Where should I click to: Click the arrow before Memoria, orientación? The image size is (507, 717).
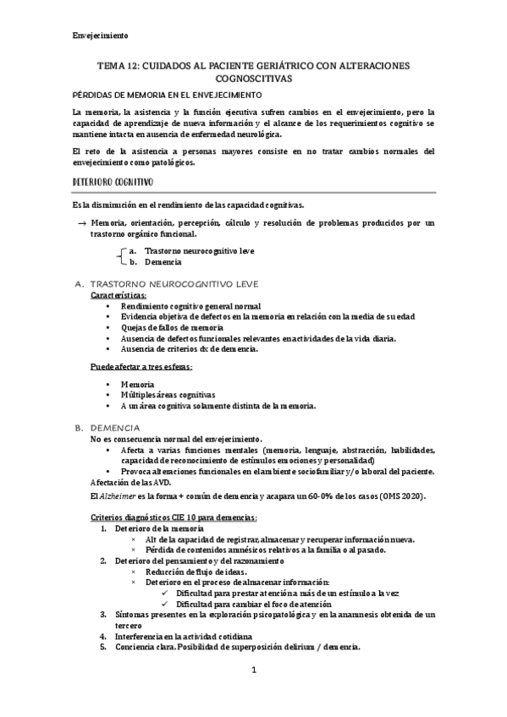[x=81, y=222]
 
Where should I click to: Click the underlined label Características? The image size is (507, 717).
[x=118, y=295]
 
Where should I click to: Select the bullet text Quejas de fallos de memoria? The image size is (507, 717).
[x=172, y=327]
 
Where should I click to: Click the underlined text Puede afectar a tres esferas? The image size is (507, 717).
[x=141, y=366]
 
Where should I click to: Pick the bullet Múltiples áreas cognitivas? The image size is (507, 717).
[x=168, y=395]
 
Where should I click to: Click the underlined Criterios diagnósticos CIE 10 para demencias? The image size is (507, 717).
[x=174, y=517]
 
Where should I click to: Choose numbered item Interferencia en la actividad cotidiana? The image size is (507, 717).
[x=181, y=636]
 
